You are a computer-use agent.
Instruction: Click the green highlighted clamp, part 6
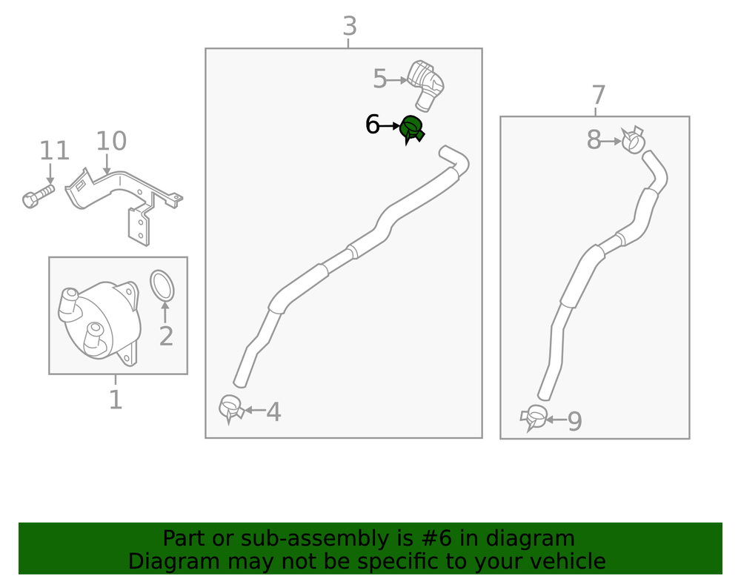411,128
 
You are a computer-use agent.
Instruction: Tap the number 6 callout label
373,125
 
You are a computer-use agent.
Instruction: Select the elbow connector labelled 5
426,85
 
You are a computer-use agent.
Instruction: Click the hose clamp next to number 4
231,408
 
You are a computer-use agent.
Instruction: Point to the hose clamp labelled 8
634,139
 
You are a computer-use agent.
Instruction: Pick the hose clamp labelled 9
534,417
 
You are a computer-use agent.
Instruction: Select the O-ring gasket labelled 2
162,285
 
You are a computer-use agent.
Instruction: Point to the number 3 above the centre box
350,26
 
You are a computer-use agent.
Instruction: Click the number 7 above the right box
598,95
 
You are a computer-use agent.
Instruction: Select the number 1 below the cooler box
116,400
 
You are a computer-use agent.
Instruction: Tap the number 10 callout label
111,141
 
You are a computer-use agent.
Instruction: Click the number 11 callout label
54,150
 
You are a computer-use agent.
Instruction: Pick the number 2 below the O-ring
166,336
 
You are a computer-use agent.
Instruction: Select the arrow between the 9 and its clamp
556,420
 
